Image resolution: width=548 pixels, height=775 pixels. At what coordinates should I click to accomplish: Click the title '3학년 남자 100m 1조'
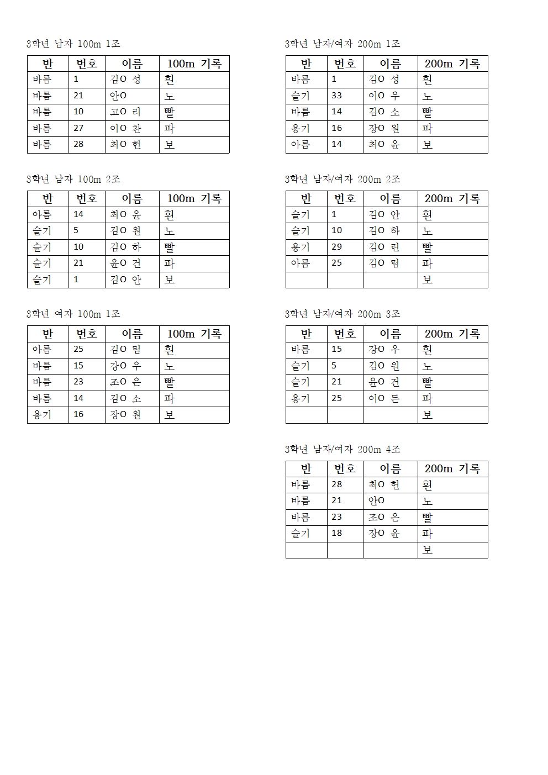coord(73,44)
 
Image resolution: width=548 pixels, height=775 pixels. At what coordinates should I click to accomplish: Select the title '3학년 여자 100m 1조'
coord(73,314)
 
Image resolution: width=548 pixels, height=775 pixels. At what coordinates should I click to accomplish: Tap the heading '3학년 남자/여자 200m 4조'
coord(342,449)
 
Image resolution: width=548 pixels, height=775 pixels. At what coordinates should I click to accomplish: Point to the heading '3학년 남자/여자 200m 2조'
coord(342,179)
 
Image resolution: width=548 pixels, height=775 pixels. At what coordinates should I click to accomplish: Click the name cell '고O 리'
coord(126,112)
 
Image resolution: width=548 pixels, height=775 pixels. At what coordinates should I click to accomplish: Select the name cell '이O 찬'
coord(126,128)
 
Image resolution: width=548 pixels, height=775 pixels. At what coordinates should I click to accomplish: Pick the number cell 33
coord(337,96)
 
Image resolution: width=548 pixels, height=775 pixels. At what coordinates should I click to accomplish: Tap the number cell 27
coord(78,128)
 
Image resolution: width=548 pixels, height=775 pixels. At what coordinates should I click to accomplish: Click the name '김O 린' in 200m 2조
coord(384,247)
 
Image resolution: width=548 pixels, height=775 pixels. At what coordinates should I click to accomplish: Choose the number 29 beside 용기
coord(337,247)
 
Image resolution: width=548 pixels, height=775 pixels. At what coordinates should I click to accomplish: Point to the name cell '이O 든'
coord(384,398)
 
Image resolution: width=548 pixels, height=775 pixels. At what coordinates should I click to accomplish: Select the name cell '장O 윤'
coord(384,534)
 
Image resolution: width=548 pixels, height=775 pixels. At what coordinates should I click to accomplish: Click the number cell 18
coord(337,534)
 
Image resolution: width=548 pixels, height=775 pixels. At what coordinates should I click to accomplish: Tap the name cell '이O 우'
coord(384,96)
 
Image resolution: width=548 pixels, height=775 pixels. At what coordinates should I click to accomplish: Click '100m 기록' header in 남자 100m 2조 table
coord(194,198)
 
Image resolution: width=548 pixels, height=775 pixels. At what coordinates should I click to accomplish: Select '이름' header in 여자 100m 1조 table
coord(132,334)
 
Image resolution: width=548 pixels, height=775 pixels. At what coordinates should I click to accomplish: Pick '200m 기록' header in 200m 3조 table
coord(452,334)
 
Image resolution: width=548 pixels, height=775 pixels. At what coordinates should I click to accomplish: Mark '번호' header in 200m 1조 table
coord(345,64)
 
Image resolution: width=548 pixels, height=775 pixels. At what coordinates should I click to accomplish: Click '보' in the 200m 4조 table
coord(428,550)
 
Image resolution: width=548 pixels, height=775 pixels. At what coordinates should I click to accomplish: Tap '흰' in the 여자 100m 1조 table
coord(170,350)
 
